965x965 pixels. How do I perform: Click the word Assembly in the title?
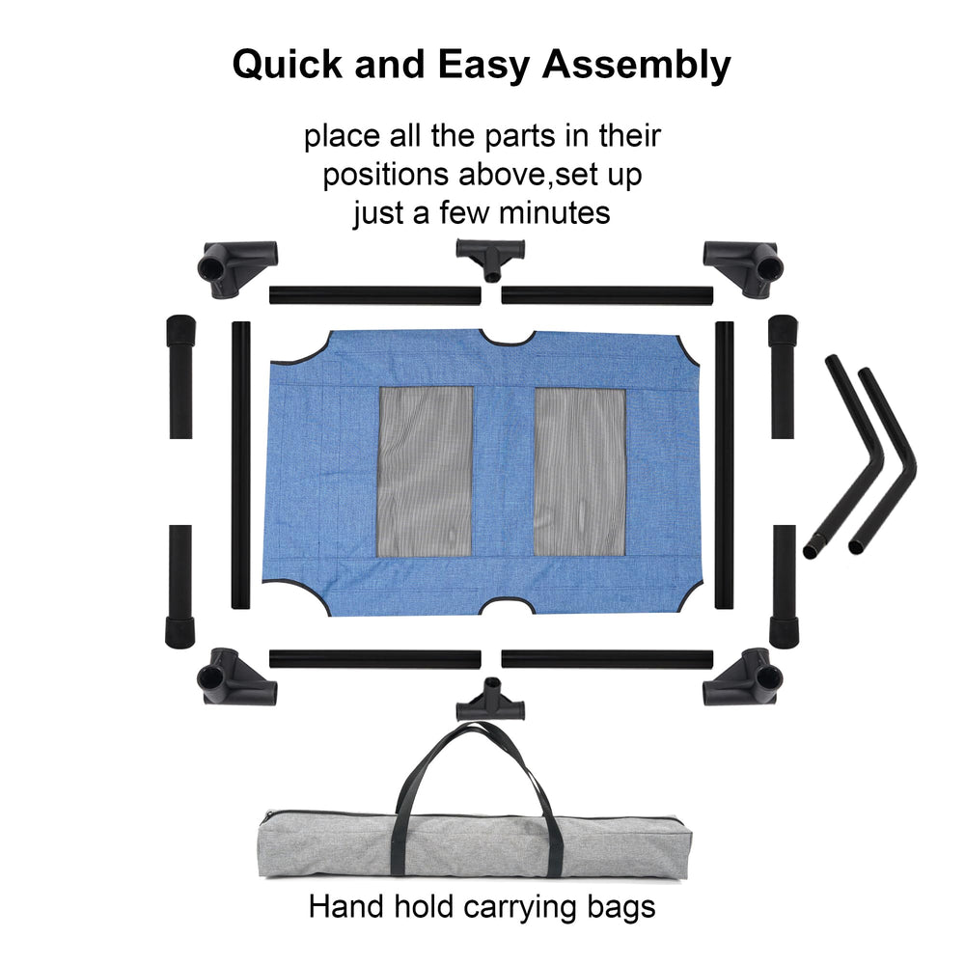pos(636,66)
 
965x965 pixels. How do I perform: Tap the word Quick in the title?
pos(288,64)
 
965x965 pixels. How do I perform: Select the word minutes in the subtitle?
pos(554,213)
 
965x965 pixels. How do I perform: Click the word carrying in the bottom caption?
pos(520,908)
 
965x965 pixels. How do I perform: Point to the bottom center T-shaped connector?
pos(490,701)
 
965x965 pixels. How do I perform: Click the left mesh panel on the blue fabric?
pos(426,472)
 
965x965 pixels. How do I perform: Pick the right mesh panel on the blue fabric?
pos(580,472)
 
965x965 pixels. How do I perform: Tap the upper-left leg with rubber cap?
pos(180,376)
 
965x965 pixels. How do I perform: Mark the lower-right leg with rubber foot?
pos(784,586)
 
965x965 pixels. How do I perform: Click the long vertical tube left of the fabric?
pos(240,465)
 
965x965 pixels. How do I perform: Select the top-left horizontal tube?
pos(374,295)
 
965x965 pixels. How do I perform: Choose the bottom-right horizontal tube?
pos(607,659)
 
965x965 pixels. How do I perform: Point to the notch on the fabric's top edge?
pos(508,338)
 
